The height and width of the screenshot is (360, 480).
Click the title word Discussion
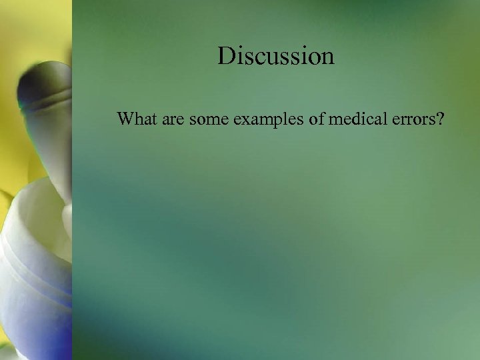pos(275,55)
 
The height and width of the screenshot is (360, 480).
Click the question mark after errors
pos(441,120)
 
